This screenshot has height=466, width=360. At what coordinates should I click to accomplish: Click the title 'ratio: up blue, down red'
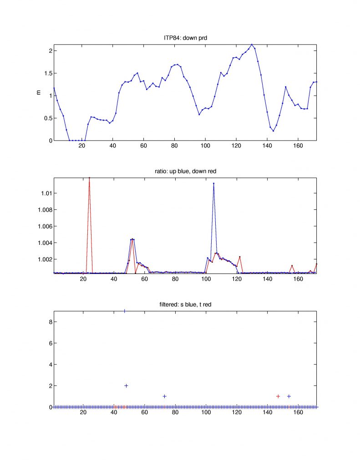pyautogui.click(x=185, y=170)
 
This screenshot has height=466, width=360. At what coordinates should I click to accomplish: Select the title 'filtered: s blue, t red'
pyautogui.click(x=185, y=304)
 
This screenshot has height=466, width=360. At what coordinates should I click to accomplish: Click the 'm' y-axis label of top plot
pyautogui.click(x=38, y=92)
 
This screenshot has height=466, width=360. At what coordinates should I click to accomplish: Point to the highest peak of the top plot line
pyautogui.click(x=252, y=44)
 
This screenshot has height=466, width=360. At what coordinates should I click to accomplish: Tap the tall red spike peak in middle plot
pyautogui.click(x=89, y=178)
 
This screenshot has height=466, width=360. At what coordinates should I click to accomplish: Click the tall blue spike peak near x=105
pyautogui.click(x=213, y=183)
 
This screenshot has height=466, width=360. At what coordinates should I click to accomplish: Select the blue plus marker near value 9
pyautogui.click(x=125, y=311)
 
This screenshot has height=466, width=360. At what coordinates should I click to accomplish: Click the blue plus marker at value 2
pyautogui.click(x=126, y=385)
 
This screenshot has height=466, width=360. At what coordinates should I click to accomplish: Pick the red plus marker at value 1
pyautogui.click(x=278, y=396)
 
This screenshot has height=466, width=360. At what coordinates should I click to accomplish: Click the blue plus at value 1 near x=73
pyautogui.click(x=165, y=396)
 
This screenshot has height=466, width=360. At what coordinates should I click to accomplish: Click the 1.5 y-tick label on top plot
pyautogui.click(x=46, y=73)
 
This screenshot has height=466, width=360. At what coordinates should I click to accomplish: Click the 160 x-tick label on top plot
pyautogui.click(x=298, y=146)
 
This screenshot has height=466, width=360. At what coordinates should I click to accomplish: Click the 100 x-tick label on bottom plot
pyautogui.click(x=206, y=413)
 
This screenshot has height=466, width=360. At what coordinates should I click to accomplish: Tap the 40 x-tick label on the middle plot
pyautogui.click(x=113, y=279)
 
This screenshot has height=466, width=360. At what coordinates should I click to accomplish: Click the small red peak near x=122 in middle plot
pyautogui.click(x=239, y=257)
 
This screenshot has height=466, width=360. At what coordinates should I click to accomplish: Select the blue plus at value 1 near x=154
pyautogui.click(x=289, y=396)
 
